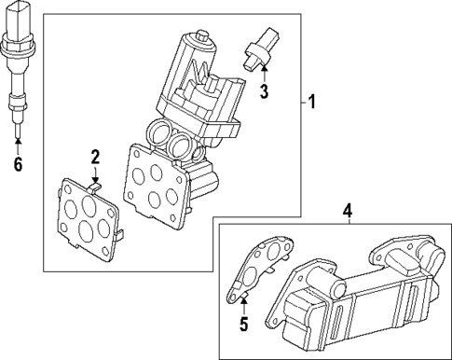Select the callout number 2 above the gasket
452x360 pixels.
click(x=94, y=155)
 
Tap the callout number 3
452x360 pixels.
click(x=264, y=91)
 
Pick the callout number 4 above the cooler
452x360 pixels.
click(x=347, y=212)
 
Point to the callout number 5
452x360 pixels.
click(x=244, y=324)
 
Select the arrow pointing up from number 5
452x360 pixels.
click(x=244, y=304)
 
